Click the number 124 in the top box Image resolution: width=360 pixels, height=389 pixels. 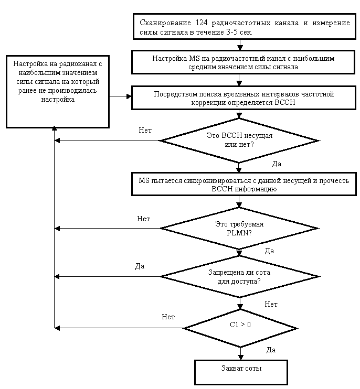click(202, 23)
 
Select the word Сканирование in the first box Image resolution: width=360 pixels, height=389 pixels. click(165, 23)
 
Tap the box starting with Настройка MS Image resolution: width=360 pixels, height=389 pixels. click(243, 62)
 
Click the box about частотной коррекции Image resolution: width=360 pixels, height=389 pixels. click(243, 98)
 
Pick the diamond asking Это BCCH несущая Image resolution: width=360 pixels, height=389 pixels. click(239, 141)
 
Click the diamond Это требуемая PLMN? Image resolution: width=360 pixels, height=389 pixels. click(239, 228)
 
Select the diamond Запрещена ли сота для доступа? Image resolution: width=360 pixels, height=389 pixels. click(240, 277)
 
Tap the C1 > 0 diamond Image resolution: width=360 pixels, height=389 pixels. click(240, 328)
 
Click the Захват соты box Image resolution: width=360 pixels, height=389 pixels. click(241, 372)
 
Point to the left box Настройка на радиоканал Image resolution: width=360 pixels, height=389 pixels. click(58, 92)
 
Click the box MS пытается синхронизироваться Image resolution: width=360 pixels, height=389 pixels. click(244, 184)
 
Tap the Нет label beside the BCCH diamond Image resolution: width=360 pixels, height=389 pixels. click(145, 130)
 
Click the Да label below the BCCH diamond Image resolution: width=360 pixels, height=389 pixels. click(277, 164)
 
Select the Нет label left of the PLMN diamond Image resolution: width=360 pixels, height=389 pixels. click(143, 219)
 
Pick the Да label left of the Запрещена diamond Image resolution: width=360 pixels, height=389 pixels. click(140, 266)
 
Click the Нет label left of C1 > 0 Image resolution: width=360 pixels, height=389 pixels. click(168, 317)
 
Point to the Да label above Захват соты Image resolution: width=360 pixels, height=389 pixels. click(271, 350)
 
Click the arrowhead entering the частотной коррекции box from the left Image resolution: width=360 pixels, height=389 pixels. click(129, 96)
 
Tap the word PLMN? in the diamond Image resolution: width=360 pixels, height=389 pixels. click(239, 233)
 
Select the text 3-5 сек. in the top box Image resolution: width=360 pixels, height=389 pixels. click(239, 33)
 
